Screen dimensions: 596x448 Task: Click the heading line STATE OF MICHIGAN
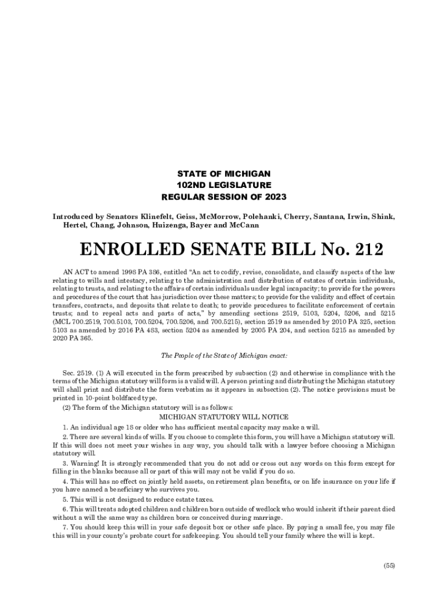[x=224, y=173]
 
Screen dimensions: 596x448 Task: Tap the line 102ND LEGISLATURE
[x=224, y=185]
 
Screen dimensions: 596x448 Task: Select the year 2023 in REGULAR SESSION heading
[x=276, y=197]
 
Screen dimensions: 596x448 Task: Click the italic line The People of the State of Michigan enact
[x=224, y=356]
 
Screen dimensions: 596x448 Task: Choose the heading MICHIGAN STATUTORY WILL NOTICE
[x=224, y=417]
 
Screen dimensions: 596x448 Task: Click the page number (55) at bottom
[x=389, y=566]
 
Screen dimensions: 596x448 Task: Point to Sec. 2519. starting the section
[x=76, y=373]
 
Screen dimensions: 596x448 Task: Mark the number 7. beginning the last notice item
[x=65, y=527]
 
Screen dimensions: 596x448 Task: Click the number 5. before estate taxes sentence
[x=65, y=500]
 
